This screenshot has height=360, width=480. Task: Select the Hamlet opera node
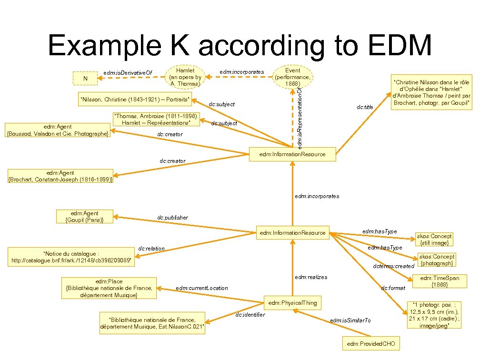pyautogui.click(x=185, y=77)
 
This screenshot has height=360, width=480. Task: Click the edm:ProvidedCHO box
pyautogui.click(x=371, y=343)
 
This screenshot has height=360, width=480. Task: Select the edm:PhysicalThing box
pyautogui.click(x=292, y=302)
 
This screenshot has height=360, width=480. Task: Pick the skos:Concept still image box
pyautogui.click(x=434, y=239)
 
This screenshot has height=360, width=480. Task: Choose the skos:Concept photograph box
pyautogui.click(x=437, y=260)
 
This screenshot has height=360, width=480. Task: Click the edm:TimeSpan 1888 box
pyautogui.click(x=440, y=281)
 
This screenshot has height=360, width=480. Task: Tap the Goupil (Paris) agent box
pyautogui.click(x=84, y=216)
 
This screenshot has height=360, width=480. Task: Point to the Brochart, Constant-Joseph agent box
pyautogui.click(x=60, y=176)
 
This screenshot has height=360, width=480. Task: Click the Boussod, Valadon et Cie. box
pyautogui.click(x=57, y=130)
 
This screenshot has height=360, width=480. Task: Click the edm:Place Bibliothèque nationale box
pyautogui.click(x=109, y=288)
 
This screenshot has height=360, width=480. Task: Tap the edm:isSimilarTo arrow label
pyautogui.click(x=350, y=320)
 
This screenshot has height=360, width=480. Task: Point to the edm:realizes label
pyautogui.click(x=311, y=277)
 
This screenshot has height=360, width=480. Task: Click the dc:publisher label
pyautogui.click(x=172, y=218)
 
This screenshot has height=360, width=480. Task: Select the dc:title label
pyautogui.click(x=365, y=107)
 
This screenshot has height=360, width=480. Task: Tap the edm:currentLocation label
pyautogui.click(x=202, y=288)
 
